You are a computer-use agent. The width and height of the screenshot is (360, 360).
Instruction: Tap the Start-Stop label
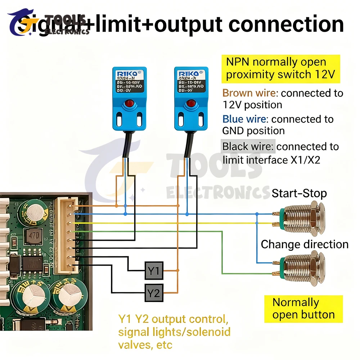click(299, 193)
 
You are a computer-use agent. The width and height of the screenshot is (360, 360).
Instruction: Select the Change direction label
click(305, 244)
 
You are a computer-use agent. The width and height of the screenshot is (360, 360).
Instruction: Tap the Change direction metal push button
click(302, 268)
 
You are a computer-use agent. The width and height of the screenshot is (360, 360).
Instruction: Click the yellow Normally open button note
click(303, 309)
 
